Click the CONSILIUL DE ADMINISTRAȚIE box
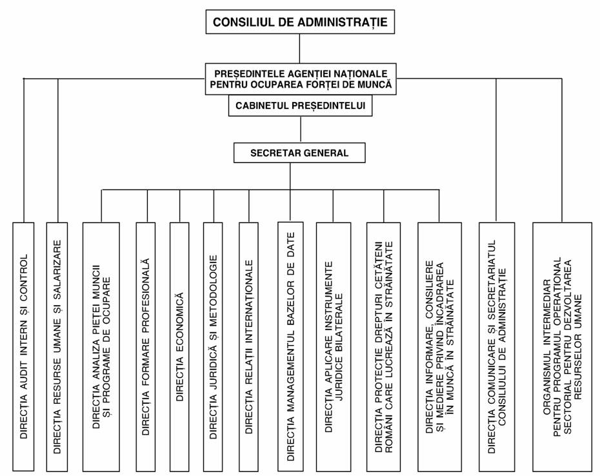tap(300, 22)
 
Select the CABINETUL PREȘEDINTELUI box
tap(301, 105)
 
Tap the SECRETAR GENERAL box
tap(299, 153)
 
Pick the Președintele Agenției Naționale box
tap(301, 79)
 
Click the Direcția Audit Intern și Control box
tap(23, 346)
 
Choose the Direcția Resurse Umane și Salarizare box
tap(57, 346)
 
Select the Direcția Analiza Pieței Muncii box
tap(101, 346)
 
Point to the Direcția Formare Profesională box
tap(146, 346)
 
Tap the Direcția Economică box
tap(179, 346)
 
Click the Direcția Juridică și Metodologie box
tap(213, 346)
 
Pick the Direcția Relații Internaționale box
tap(249, 346)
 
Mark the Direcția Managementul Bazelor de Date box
tap(290, 346)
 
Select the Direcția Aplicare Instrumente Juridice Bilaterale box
tap(334, 346)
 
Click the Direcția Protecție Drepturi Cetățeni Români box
tap(384, 346)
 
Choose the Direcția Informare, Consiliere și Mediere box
tap(439, 346)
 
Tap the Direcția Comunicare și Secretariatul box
tap(497, 346)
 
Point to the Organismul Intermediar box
tap(563, 346)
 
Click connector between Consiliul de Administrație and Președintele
tap(299, 48)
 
